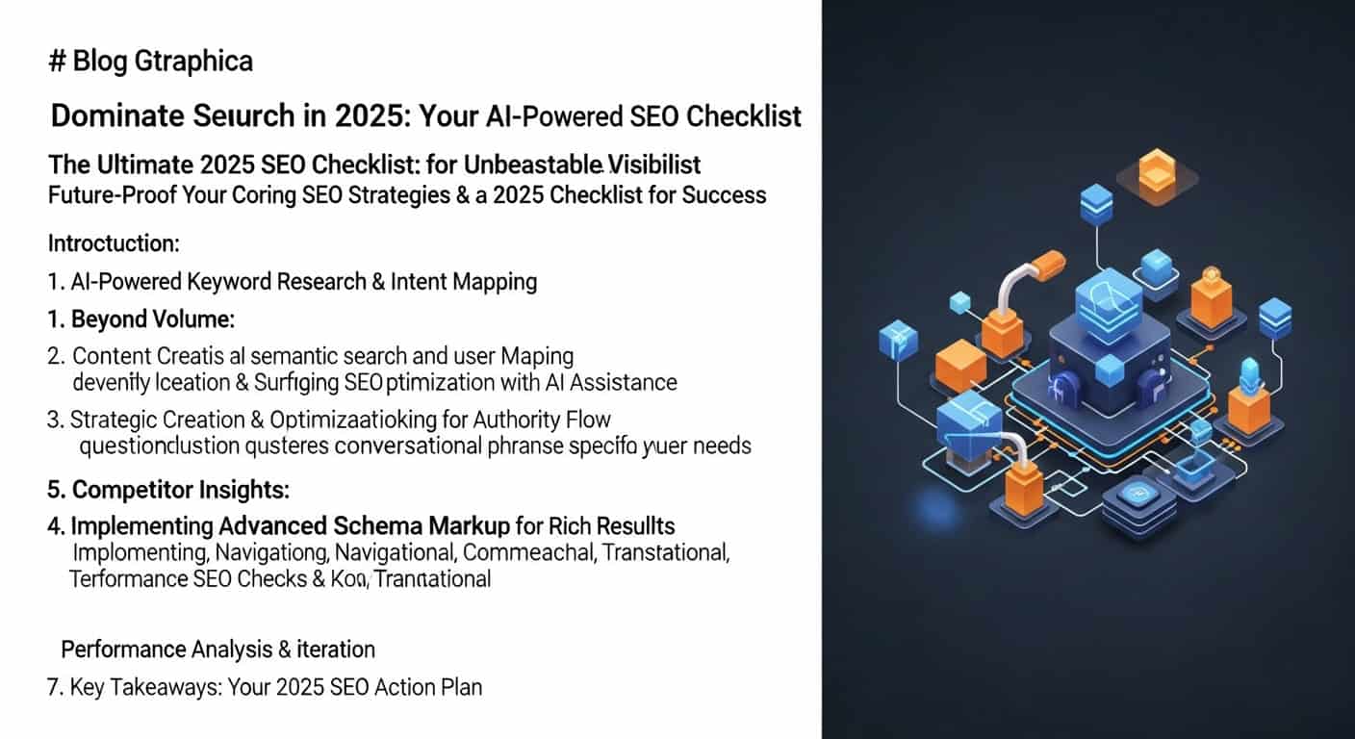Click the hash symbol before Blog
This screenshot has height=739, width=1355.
pyautogui.click(x=57, y=63)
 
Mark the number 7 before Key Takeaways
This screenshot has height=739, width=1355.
pyautogui.click(x=55, y=688)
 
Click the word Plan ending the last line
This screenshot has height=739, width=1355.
pyautogui.click(x=459, y=688)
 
